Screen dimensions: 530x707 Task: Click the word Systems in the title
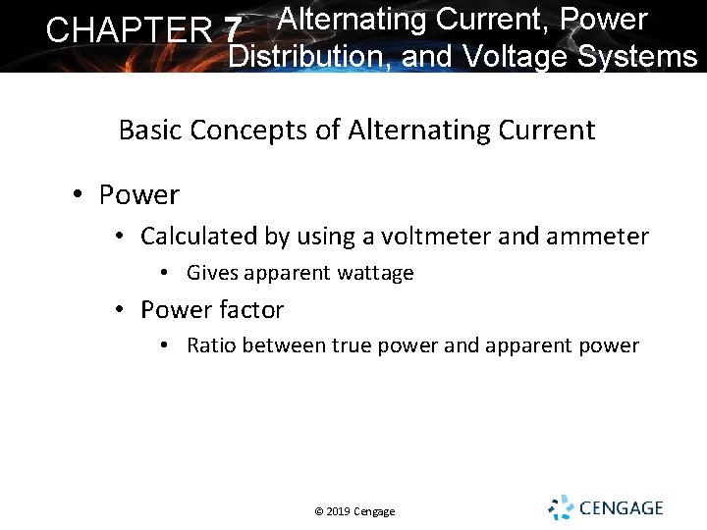pyautogui.click(x=637, y=57)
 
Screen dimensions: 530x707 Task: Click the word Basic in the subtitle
pyautogui.click(x=148, y=131)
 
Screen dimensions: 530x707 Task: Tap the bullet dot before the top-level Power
pyautogui.click(x=79, y=195)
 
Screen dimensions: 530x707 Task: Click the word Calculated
pyautogui.click(x=200, y=237)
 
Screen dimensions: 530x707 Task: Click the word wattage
pyautogui.click(x=377, y=274)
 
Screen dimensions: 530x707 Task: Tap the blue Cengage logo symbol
pyautogui.click(x=561, y=507)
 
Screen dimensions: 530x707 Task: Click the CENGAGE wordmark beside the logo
pyautogui.click(x=622, y=508)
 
